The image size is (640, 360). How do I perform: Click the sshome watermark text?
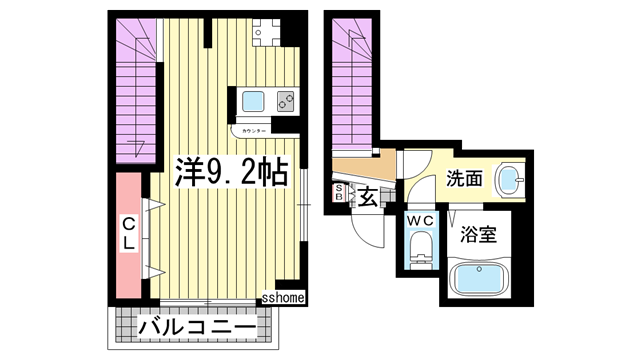[x=284, y=297]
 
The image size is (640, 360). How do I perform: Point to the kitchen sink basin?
[x=252, y=101]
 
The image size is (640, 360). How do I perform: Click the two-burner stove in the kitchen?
[x=285, y=101]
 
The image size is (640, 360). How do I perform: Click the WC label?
[x=421, y=220]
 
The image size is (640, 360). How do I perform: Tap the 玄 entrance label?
[x=368, y=197]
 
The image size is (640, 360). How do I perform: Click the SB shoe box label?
[x=339, y=192]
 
